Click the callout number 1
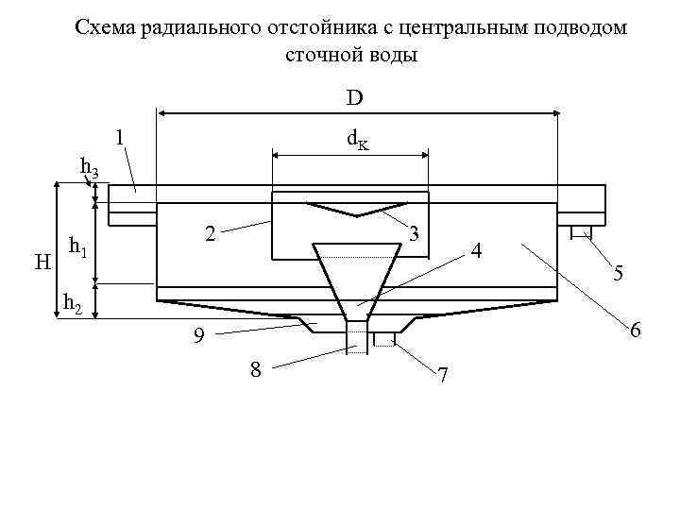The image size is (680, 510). (x=119, y=138)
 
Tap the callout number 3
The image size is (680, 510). (x=415, y=232)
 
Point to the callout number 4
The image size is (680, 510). (x=477, y=252)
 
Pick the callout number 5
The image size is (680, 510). (x=617, y=274)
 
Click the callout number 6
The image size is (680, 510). (x=636, y=331)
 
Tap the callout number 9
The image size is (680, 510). (x=197, y=335)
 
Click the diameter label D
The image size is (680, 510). (x=355, y=97)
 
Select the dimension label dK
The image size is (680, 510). (x=357, y=140)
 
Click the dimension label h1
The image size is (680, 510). (x=79, y=249)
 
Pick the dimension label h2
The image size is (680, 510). (x=72, y=303)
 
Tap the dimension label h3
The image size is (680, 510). (x=90, y=169)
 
